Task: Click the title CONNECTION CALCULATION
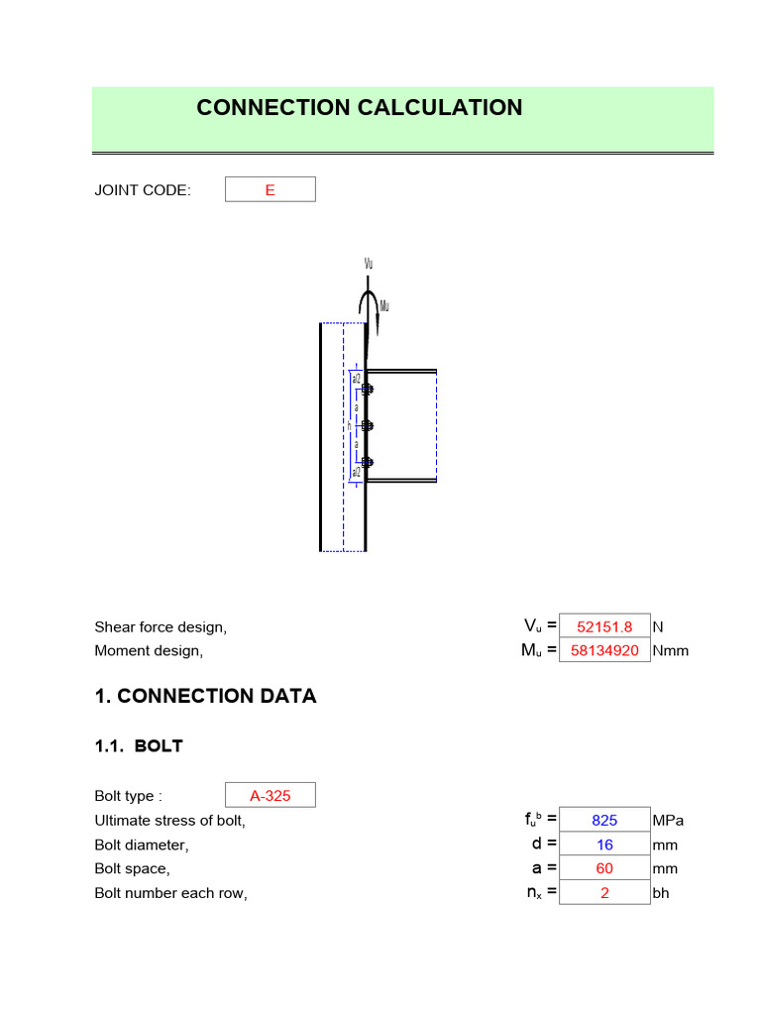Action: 359,108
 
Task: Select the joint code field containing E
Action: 270,190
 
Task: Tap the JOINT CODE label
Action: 143,190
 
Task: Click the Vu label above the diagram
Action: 369,265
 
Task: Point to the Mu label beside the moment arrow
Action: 384,306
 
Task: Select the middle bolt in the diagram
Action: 367,425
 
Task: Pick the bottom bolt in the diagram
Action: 367,462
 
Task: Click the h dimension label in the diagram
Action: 349,425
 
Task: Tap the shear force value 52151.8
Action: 604,626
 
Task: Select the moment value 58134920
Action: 604,651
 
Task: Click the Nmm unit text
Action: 670,651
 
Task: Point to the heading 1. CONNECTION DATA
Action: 205,696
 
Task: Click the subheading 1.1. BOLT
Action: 139,746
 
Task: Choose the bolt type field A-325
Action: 270,795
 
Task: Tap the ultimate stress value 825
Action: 604,821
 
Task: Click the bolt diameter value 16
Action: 604,845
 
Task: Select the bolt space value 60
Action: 604,868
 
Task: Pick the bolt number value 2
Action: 604,893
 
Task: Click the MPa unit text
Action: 668,821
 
